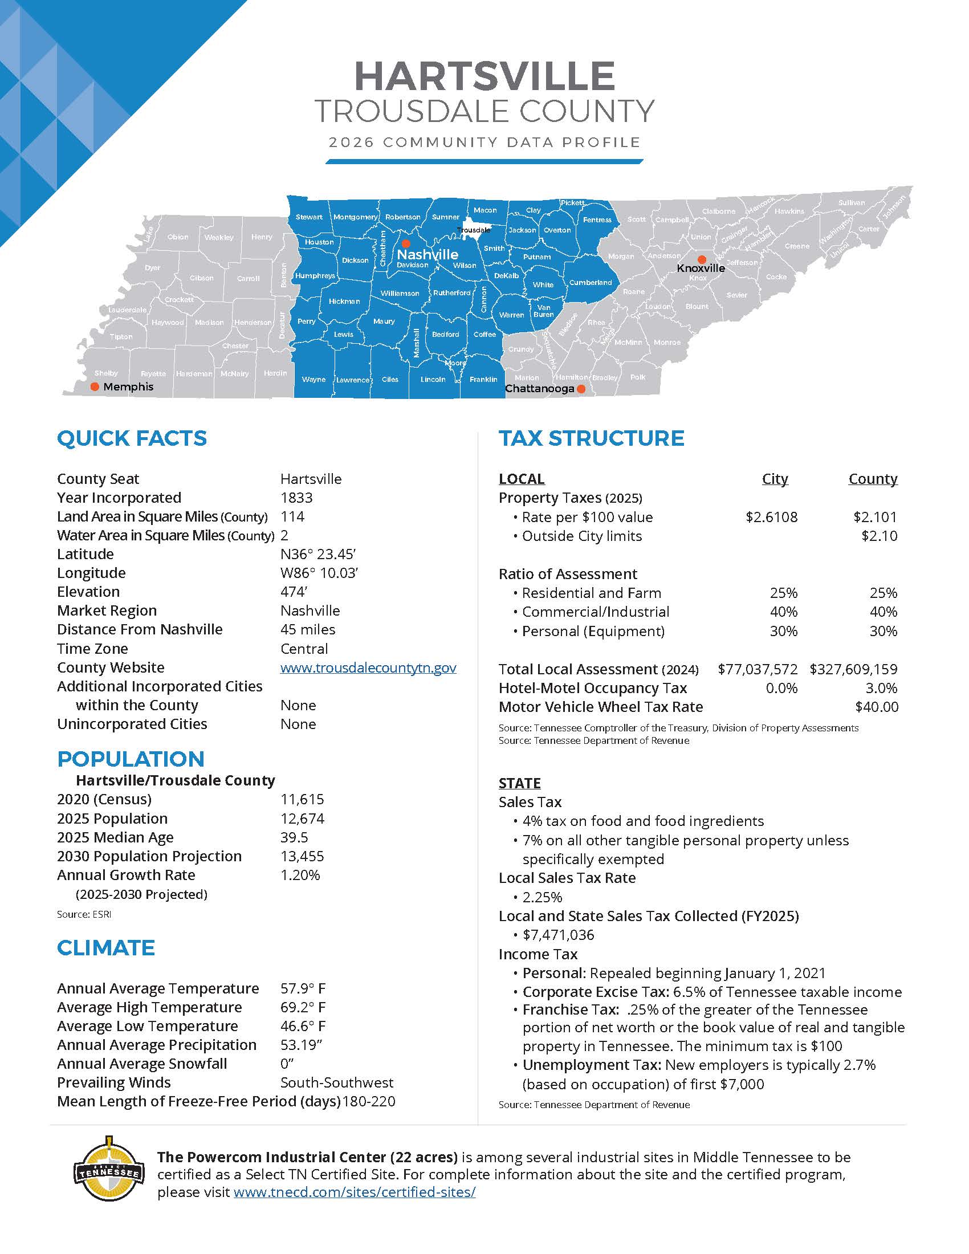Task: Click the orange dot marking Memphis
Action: (95, 386)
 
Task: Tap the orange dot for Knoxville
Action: (702, 259)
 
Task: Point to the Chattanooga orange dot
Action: (581, 389)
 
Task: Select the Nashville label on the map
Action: (427, 254)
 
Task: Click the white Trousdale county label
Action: (474, 230)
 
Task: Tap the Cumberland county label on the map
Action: (590, 283)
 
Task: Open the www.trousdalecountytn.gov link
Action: (368, 667)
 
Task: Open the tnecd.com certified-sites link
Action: (354, 1192)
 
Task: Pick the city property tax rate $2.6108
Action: (771, 517)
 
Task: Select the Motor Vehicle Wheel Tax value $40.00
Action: (876, 707)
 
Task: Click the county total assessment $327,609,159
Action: (853, 669)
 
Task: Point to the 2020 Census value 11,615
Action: (302, 799)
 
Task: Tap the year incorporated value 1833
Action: (296, 498)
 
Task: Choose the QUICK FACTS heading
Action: (132, 438)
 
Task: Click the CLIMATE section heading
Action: (105, 947)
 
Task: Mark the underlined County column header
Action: (873, 479)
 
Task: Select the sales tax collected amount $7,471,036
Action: (558, 935)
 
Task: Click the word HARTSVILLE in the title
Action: (484, 75)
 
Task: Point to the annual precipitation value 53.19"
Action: (301, 1044)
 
